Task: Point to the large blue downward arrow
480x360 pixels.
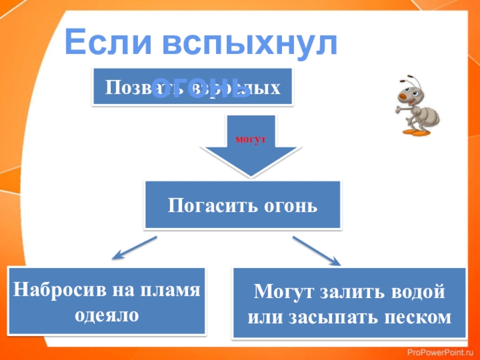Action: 251,153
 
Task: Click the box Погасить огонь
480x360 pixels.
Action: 242,205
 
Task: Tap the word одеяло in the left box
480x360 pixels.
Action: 106,314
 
